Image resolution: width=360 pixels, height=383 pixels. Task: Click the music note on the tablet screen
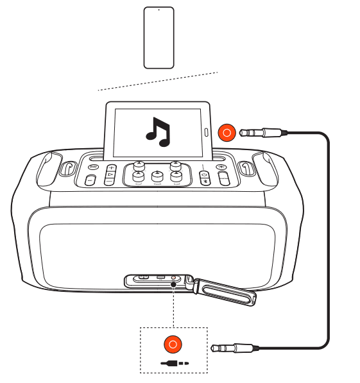tap(157, 130)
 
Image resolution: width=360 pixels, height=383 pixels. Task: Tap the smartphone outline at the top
tap(159, 37)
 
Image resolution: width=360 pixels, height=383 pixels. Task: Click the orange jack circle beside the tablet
tap(226, 133)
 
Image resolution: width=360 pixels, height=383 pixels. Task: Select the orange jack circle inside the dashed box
tap(173, 345)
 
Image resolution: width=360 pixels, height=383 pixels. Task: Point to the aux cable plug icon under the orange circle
tap(173, 362)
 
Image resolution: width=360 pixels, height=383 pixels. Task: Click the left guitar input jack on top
tap(69, 167)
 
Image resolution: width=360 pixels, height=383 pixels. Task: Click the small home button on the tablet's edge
tap(206, 133)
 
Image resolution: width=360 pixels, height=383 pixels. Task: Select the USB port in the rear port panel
tap(160, 278)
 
